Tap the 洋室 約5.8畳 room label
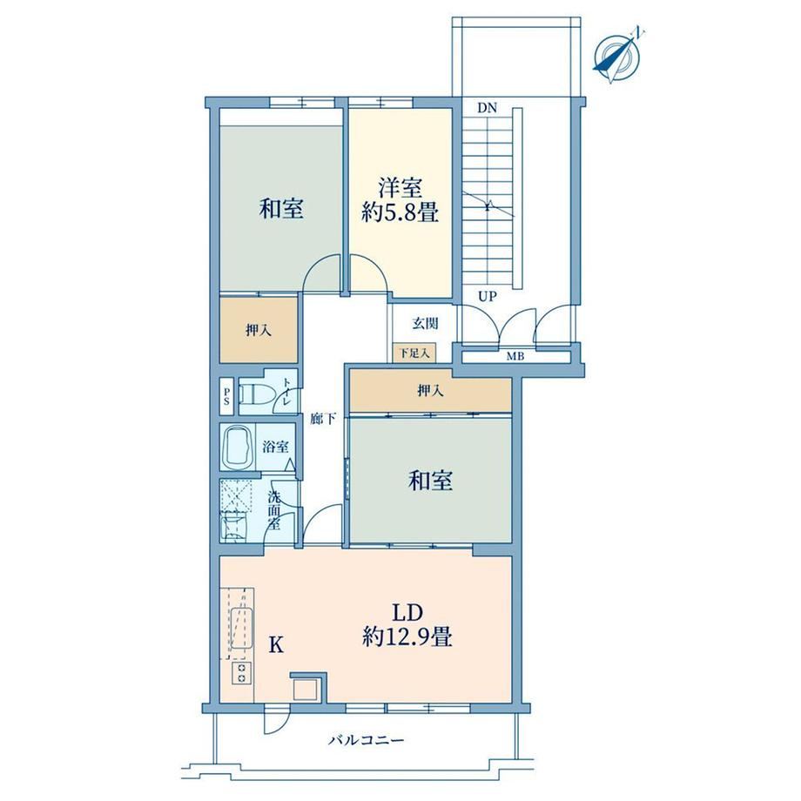[x=400, y=199]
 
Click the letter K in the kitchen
[x=276, y=645]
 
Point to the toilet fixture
[x=257, y=394]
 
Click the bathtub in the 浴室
[x=238, y=447]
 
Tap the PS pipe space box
[x=227, y=396]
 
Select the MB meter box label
[x=515, y=357]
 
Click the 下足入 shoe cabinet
[x=414, y=353]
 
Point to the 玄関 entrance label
[x=425, y=323]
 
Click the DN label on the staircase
[x=488, y=108]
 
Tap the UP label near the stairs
[x=488, y=296]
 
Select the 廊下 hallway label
[x=323, y=420]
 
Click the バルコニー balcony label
[x=367, y=740]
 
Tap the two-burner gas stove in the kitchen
[x=242, y=673]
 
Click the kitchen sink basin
[x=242, y=629]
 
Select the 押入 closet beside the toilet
[x=259, y=331]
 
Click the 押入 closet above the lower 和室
[x=431, y=391]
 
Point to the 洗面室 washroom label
[x=274, y=510]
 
